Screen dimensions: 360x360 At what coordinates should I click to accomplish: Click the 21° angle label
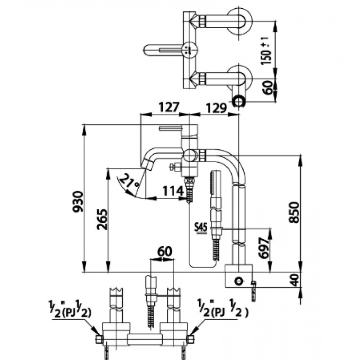pos(130,182)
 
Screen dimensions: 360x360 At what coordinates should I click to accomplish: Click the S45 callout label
pos(200,226)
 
